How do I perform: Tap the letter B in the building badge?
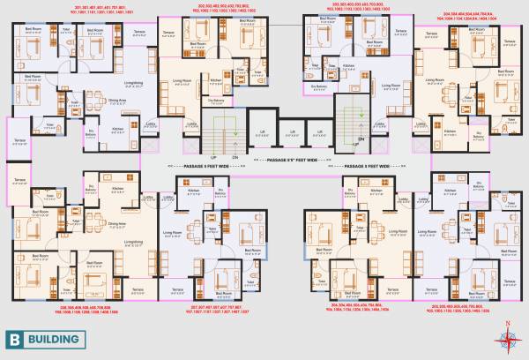click(15, 338)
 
